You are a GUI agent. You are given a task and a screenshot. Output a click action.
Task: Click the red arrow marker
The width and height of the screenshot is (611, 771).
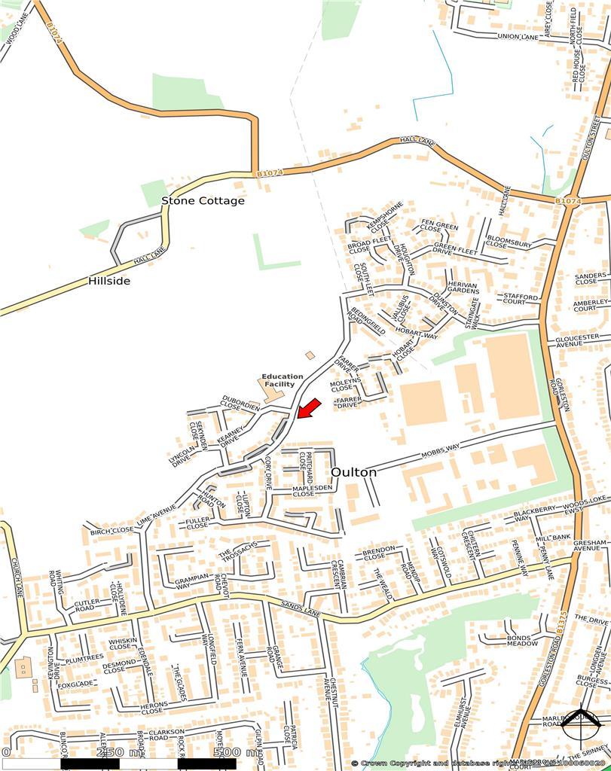click(309, 408)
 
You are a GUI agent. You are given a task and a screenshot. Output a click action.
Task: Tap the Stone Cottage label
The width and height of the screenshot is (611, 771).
click(203, 201)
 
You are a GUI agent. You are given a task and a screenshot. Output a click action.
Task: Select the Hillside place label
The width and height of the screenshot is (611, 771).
click(109, 281)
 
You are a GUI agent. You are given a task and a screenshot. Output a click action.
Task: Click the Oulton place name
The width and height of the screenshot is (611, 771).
click(353, 472)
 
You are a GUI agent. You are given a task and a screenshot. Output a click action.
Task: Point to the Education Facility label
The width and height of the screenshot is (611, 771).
click(283, 380)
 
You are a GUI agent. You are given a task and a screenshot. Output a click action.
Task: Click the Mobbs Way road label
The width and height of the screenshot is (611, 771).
click(439, 453)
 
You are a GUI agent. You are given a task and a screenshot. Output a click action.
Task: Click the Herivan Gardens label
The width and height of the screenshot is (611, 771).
click(463, 288)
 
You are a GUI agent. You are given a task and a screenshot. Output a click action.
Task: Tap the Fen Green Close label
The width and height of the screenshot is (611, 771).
click(439, 229)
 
